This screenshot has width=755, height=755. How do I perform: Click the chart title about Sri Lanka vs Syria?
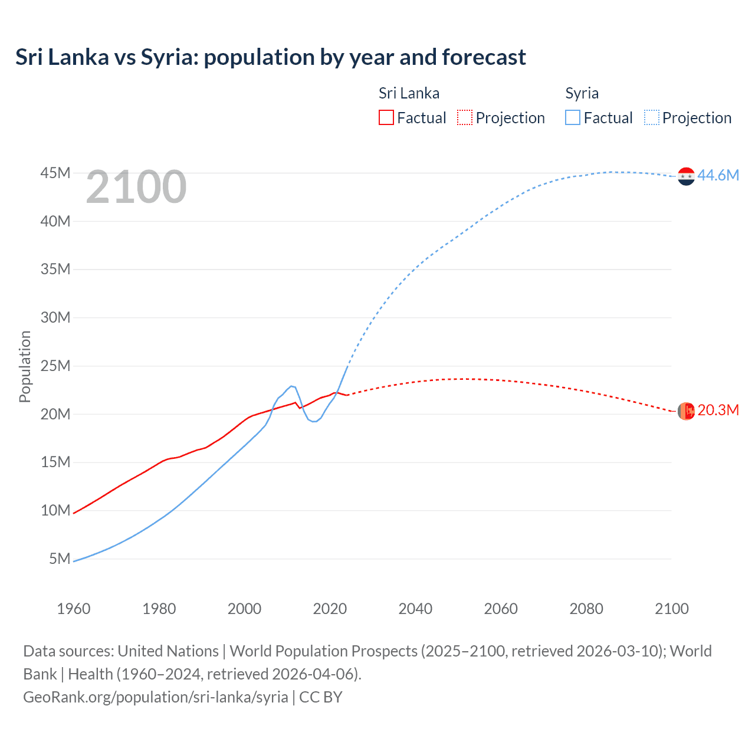(271, 57)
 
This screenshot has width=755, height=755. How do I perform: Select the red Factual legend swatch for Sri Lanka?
(386, 117)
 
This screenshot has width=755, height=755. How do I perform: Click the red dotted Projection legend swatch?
(465, 117)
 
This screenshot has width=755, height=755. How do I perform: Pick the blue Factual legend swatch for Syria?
(572, 117)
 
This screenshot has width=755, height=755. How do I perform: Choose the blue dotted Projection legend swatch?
(651, 117)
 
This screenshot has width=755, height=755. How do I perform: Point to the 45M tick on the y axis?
(55, 173)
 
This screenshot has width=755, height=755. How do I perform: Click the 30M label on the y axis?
(55, 317)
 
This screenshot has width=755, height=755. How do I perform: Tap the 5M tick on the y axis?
(60, 558)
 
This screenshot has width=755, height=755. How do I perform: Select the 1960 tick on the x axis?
(73, 609)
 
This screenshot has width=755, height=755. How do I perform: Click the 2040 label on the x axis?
(415, 609)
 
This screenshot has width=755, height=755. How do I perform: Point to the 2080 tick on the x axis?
(586, 609)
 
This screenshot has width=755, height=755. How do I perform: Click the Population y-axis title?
(25, 366)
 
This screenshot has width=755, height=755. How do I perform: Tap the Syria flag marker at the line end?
(686, 176)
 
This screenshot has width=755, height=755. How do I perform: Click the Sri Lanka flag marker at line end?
(686, 411)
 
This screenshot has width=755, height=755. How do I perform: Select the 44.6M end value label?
(718, 175)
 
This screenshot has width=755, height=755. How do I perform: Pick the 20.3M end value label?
(718, 410)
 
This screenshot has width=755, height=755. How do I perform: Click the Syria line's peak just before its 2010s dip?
(291, 386)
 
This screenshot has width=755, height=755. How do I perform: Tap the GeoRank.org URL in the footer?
(156, 697)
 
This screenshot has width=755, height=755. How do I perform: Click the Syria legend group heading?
(582, 93)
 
